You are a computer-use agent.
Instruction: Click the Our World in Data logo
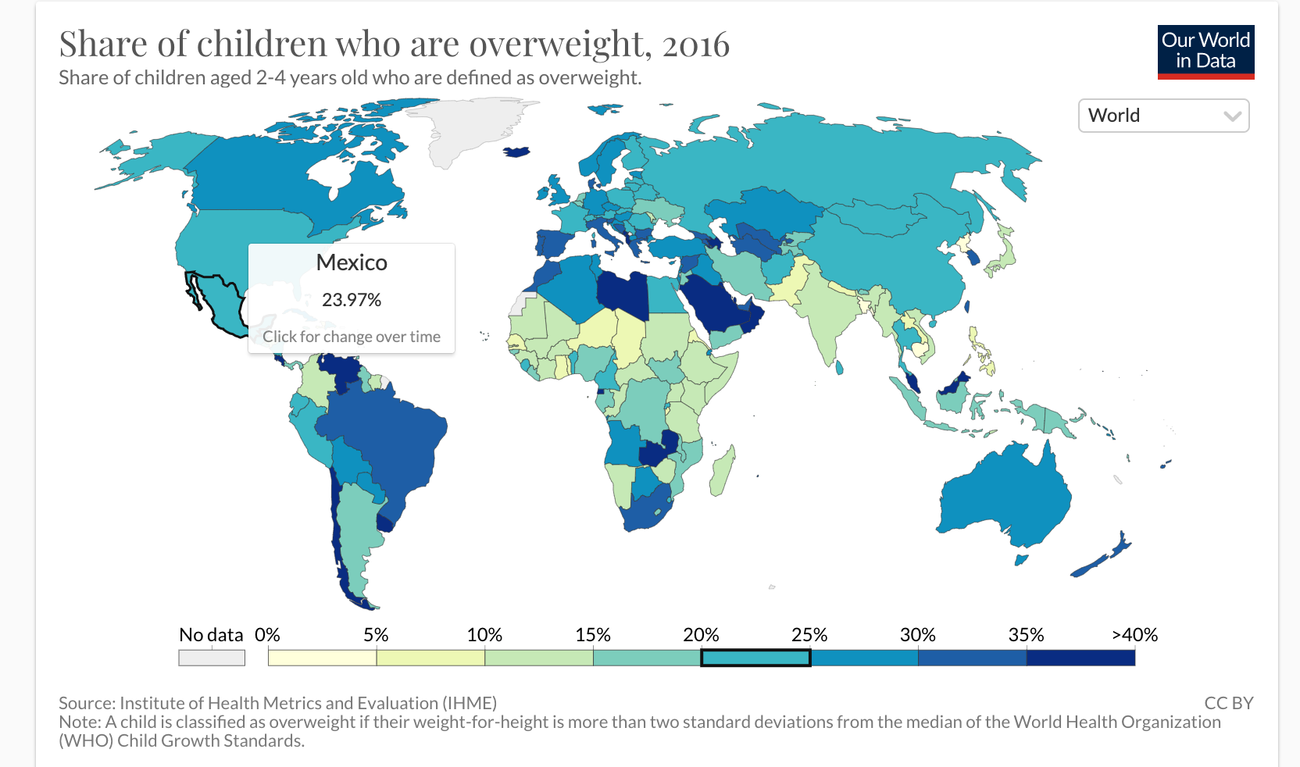[1205, 52]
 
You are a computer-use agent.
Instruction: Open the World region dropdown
[1163, 116]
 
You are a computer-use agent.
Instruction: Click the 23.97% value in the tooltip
[352, 300]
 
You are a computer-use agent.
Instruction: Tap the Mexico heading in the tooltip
[352, 262]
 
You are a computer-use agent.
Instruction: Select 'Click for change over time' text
[352, 337]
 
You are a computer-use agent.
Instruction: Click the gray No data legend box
[212, 658]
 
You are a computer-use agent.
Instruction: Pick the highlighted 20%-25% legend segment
[755, 658]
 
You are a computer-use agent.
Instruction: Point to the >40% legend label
[1134, 635]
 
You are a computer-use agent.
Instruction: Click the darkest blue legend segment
[1080, 658]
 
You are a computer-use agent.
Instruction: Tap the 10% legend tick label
[484, 635]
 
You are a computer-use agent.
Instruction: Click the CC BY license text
[1228, 703]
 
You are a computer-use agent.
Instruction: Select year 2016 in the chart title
[695, 45]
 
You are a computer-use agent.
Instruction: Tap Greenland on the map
[469, 125]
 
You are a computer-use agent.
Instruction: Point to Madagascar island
[723, 471]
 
